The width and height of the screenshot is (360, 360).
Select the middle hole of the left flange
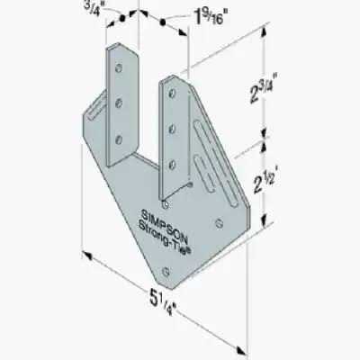119,102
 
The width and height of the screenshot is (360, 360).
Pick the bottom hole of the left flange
119,138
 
